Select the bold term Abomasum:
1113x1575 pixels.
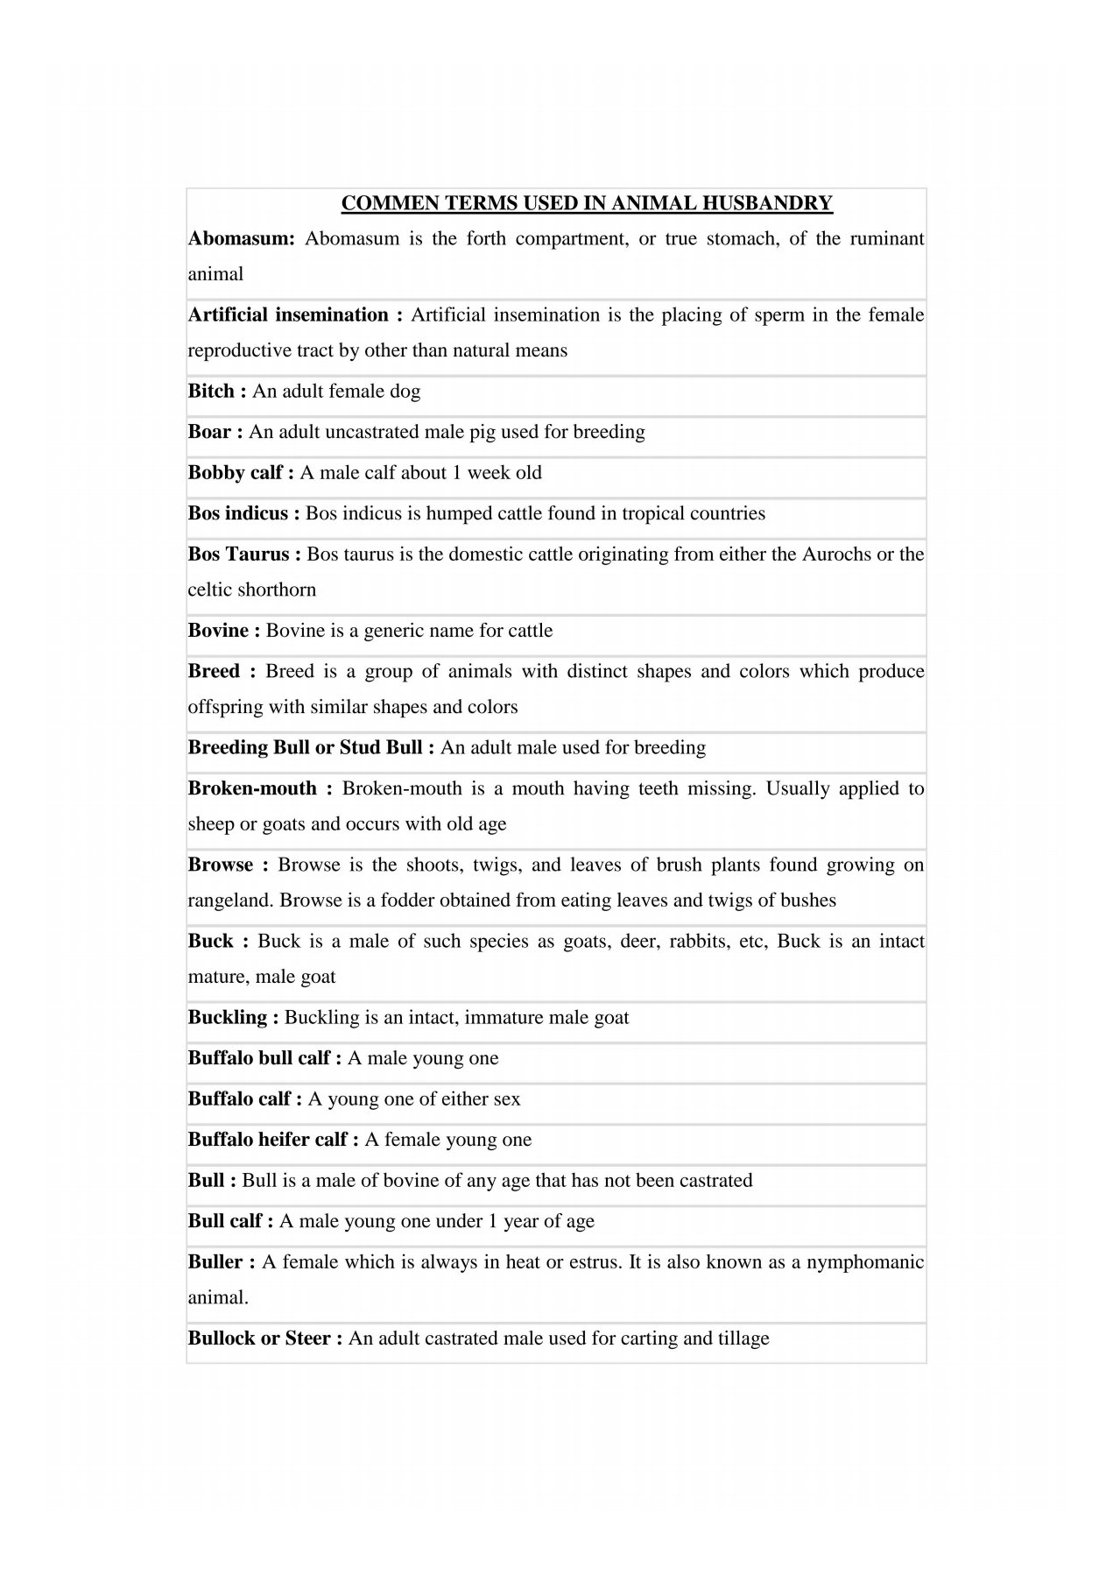tap(241, 239)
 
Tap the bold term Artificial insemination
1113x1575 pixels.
tap(288, 315)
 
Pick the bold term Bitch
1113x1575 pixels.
tap(211, 392)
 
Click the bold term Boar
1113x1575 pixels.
tap(209, 432)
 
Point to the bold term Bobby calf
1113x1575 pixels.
tap(235, 473)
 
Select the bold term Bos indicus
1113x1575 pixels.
tap(237, 513)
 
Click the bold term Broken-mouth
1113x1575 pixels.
tap(252, 788)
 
